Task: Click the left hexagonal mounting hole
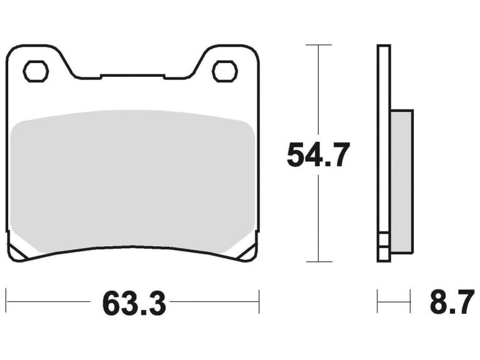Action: (36, 71)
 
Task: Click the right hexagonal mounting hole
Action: (224, 71)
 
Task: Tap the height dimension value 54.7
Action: (318, 155)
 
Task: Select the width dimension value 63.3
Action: (133, 304)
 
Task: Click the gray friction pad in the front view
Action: (133, 181)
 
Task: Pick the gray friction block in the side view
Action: (402, 181)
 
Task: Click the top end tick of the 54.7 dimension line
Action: (319, 45)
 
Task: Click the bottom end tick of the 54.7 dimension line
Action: (319, 261)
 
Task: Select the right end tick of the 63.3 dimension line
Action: (259, 301)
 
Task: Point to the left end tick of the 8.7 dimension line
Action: (377, 301)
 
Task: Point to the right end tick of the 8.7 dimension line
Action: (411, 301)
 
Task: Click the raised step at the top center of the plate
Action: (132, 76)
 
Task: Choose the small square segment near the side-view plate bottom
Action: (384, 241)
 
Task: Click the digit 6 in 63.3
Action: (111, 304)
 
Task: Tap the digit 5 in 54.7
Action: (296, 155)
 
